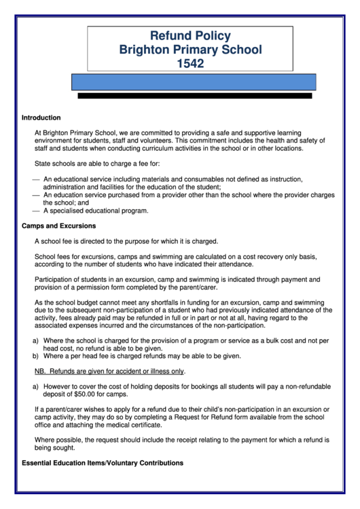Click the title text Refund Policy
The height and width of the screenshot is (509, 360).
click(x=190, y=36)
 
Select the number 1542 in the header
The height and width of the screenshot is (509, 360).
click(x=190, y=64)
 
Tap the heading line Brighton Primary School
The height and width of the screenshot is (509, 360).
click(x=190, y=50)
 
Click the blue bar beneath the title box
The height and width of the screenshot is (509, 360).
click(x=194, y=82)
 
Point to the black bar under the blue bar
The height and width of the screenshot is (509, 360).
click(x=194, y=96)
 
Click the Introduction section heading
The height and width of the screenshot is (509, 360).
click(x=41, y=118)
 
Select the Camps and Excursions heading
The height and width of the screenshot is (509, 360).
click(x=58, y=226)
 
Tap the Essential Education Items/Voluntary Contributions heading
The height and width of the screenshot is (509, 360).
click(x=103, y=463)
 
